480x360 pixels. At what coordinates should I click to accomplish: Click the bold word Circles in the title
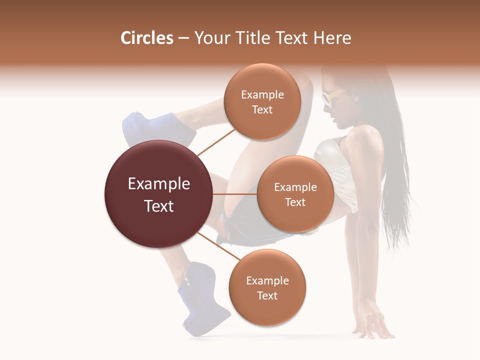click(x=147, y=38)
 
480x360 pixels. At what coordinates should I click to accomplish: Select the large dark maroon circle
click(x=158, y=194)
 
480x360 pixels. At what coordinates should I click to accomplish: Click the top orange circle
click(x=262, y=101)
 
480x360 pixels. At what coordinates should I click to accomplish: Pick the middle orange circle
click(x=295, y=194)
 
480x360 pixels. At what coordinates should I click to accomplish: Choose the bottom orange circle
click(x=267, y=287)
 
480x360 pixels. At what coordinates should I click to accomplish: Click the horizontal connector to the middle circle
click(x=235, y=194)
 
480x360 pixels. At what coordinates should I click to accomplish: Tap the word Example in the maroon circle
click(x=158, y=184)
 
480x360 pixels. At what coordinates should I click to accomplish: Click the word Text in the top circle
click(x=262, y=109)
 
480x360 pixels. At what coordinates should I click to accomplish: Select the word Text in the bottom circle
click(x=267, y=295)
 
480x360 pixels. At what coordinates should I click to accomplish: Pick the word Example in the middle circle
click(x=295, y=187)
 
